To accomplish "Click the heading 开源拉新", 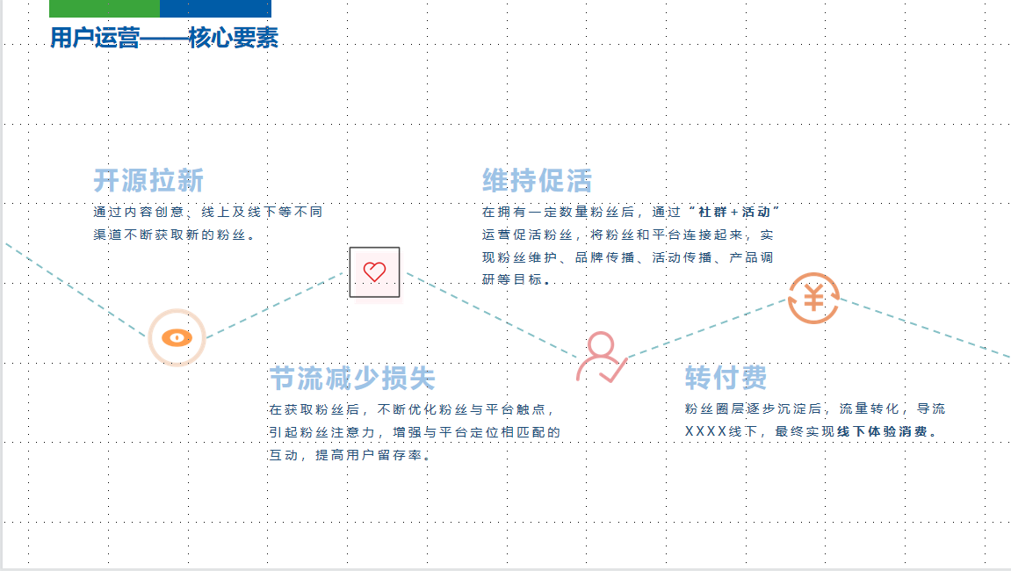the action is [x=149, y=181].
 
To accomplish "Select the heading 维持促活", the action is [x=537, y=181].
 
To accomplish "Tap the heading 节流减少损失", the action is [x=353, y=378].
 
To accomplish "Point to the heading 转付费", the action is [x=726, y=378].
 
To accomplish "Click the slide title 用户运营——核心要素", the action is [x=164, y=38].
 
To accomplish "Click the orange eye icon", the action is [x=177, y=337].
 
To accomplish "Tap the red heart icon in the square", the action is [x=374, y=271].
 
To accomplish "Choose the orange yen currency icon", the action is [x=813, y=299].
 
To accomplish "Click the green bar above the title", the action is [x=105, y=9].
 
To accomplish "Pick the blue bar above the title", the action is [x=215, y=9].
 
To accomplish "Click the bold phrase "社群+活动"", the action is [x=734, y=212].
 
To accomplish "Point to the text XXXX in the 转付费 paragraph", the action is [x=705, y=431].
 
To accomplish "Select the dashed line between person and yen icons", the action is [x=707, y=328].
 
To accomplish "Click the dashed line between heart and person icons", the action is [x=491, y=314].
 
